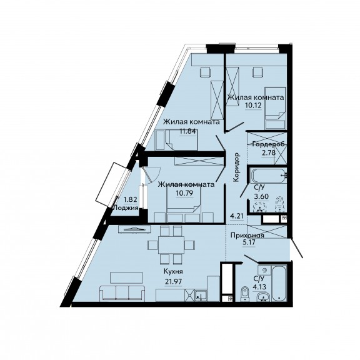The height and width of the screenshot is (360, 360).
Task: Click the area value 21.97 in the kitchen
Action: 173,281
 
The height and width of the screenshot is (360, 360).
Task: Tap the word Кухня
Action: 173,272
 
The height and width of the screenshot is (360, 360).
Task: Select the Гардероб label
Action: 269,144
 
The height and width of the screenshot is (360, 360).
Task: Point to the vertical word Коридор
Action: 236,167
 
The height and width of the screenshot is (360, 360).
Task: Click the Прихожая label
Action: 247,236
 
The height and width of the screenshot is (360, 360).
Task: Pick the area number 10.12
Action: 253,106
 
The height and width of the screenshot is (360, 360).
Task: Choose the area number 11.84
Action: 187,131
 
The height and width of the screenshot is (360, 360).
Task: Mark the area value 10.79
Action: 184,193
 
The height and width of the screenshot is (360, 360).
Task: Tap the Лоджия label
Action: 126,207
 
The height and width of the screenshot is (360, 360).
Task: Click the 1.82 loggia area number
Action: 131,199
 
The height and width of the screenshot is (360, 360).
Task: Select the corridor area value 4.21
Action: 237,216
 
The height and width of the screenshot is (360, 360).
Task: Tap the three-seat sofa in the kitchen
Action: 122,293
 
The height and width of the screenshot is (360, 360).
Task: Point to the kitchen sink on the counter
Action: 201,295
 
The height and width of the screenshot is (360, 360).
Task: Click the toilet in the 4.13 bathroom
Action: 245,294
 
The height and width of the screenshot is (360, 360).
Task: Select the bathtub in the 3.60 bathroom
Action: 269,176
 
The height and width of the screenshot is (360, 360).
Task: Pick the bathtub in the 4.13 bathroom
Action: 279,283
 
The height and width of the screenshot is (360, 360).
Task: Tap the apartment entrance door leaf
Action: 297,248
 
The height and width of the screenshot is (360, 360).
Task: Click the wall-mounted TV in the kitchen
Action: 134,229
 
